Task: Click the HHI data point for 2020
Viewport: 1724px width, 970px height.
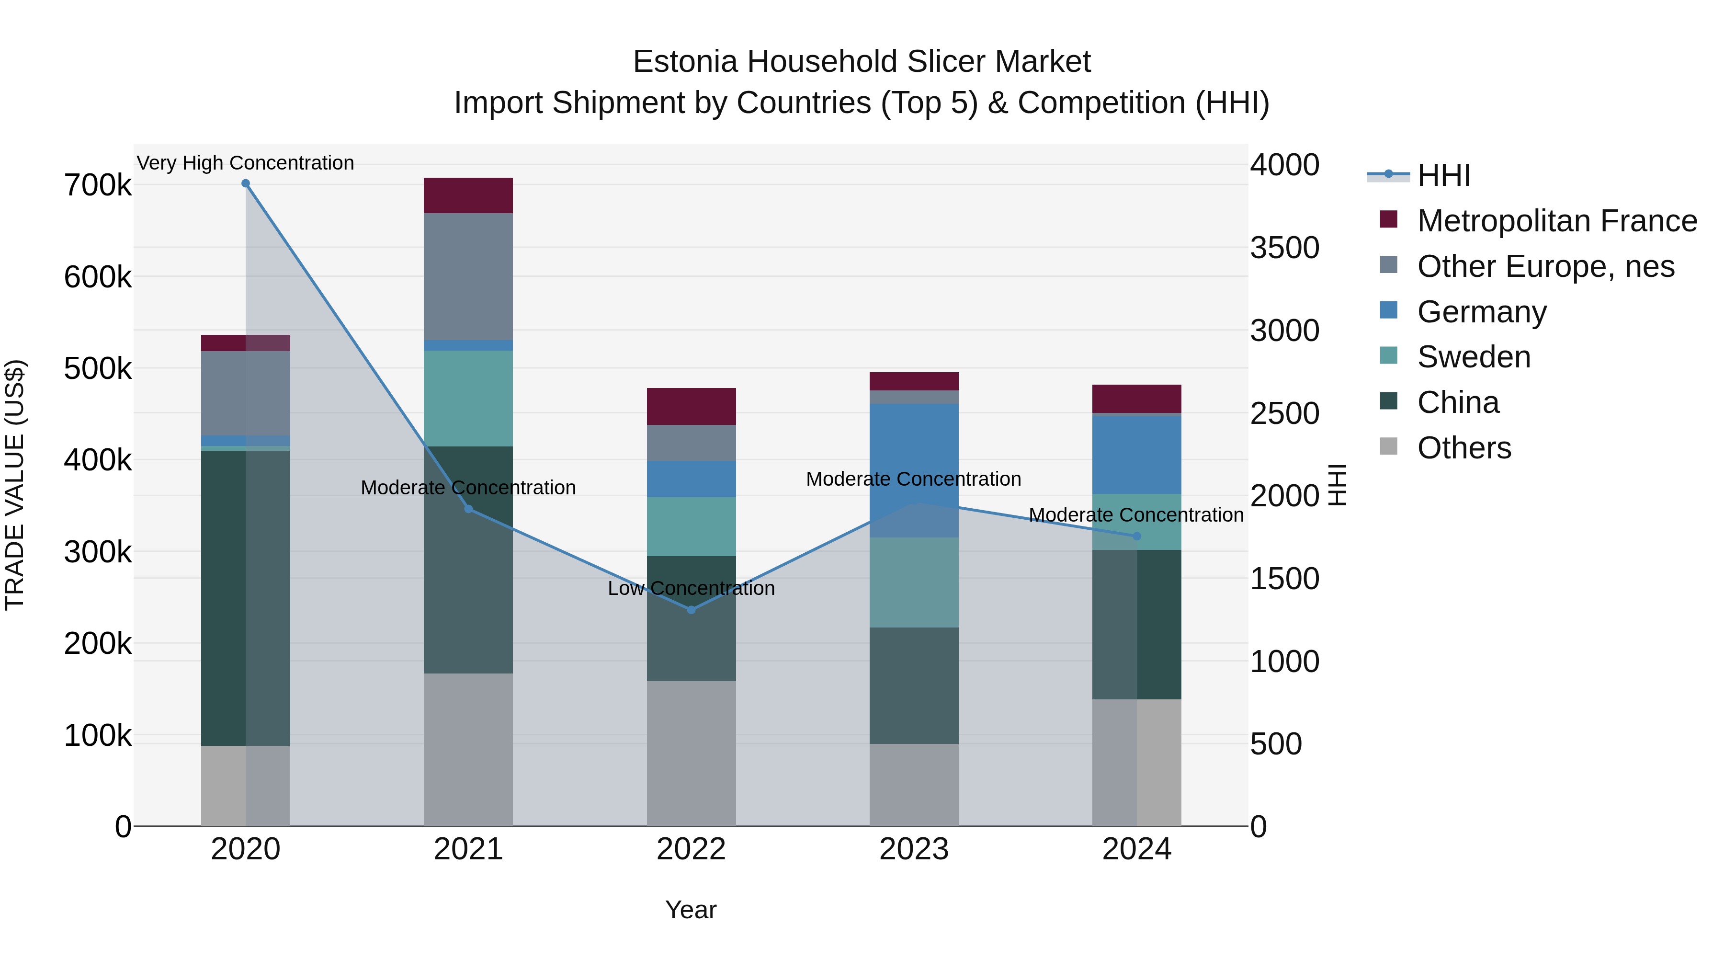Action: pyautogui.click(x=246, y=183)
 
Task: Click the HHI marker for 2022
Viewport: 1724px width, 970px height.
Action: pyautogui.click(x=692, y=610)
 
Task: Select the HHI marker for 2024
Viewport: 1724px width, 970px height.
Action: pyautogui.click(x=1136, y=536)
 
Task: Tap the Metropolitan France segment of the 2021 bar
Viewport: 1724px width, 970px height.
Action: pyautogui.click(x=468, y=195)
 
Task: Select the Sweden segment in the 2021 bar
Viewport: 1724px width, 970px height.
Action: pyautogui.click(x=468, y=399)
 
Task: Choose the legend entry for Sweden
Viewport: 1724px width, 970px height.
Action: pyautogui.click(x=1474, y=357)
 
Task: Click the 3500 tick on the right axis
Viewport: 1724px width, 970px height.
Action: pyautogui.click(x=1284, y=248)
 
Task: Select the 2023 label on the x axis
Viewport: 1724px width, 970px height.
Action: pyautogui.click(x=914, y=849)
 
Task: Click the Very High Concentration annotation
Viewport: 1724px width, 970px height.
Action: pyautogui.click(x=246, y=163)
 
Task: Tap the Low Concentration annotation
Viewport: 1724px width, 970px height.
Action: pyautogui.click(x=692, y=588)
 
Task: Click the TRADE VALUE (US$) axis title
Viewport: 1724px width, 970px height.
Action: pyautogui.click(x=15, y=485)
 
